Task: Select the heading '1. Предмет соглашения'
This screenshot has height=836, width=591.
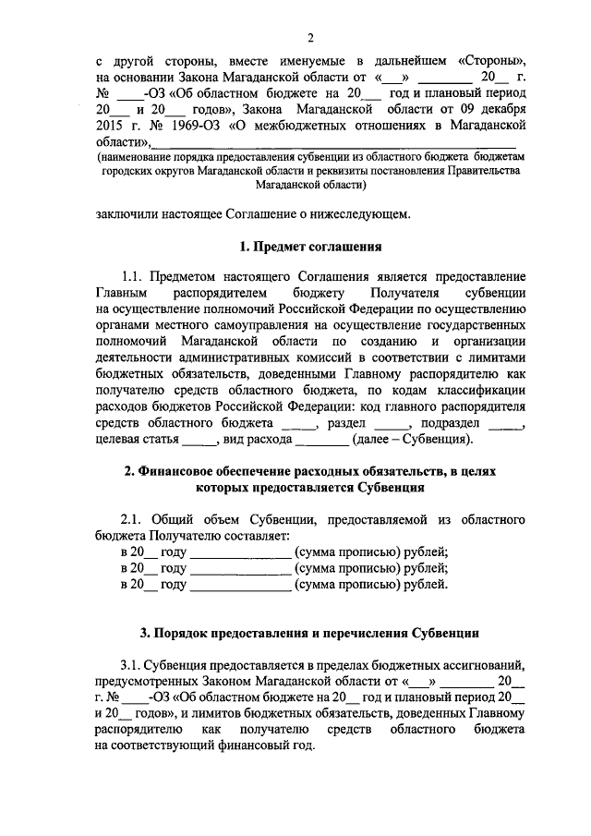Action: tap(310, 247)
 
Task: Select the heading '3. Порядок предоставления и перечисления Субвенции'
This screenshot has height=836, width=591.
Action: tap(310, 633)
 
